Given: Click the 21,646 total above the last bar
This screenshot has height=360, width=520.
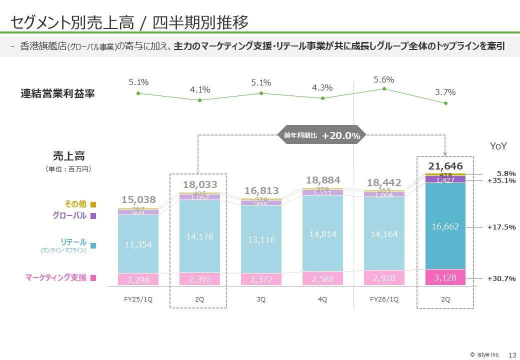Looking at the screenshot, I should [x=445, y=166].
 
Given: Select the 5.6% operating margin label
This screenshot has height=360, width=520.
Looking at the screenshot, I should [x=384, y=79].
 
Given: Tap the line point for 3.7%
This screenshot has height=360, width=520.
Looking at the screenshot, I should [x=445, y=103].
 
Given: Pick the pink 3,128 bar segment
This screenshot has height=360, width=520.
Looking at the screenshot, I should [x=445, y=277].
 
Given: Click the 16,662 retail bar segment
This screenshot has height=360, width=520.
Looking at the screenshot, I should [x=445, y=226].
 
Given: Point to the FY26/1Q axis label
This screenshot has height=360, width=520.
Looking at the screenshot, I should [x=384, y=299].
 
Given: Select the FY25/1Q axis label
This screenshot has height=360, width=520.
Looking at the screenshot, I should [x=138, y=299].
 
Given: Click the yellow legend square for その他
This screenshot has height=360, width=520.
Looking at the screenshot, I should [x=93, y=204].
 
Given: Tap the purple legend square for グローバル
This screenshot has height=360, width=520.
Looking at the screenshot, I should [x=93, y=216].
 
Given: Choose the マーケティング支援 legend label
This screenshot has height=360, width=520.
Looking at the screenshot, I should [x=55, y=278].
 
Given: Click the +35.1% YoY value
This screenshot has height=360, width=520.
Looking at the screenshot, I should [x=501, y=181].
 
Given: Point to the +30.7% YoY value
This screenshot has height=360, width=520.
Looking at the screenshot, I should [x=501, y=278].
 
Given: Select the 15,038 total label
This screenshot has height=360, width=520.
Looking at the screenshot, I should [x=138, y=200].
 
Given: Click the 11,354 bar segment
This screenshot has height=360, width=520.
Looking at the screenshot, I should [x=138, y=244].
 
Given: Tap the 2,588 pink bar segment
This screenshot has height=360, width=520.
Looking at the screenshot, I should [x=322, y=278].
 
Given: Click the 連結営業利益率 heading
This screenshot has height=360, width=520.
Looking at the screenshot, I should [x=58, y=93].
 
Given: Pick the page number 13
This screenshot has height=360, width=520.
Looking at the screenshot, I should [x=511, y=354].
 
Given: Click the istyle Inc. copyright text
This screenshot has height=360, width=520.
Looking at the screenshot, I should [x=484, y=354].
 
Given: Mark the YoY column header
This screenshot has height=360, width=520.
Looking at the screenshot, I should [x=498, y=146].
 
